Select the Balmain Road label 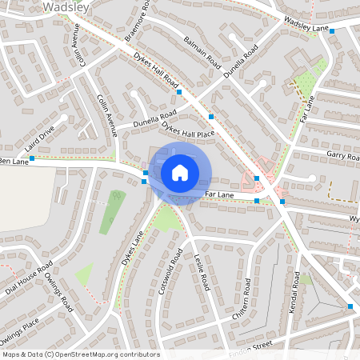click(202, 50)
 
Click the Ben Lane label click(14, 162)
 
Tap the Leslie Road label click(202, 271)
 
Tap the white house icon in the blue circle click(180, 172)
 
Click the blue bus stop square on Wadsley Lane click(331, 30)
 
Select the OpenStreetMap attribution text click(80, 354)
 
